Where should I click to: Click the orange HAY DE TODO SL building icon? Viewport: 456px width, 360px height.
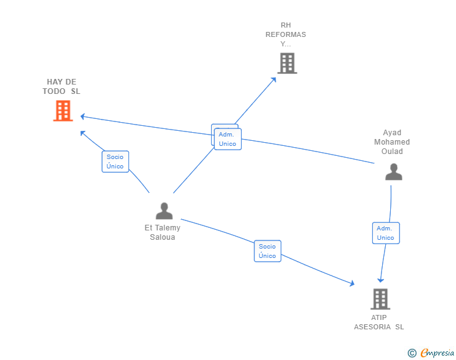[x=63, y=110]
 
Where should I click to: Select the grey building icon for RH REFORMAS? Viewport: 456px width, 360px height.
[x=287, y=63]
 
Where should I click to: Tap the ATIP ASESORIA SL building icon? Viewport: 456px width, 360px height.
[x=380, y=299]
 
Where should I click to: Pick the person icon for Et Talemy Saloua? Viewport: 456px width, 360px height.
[x=164, y=211]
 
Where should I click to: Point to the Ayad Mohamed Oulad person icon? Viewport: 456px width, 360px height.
[x=393, y=172]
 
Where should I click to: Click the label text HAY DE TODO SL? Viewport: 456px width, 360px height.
[x=61, y=86]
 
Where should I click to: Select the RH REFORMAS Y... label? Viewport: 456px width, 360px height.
[x=286, y=34]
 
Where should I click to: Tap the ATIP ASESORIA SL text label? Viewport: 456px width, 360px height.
[x=378, y=322]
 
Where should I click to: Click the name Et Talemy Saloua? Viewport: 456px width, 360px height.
[x=162, y=232]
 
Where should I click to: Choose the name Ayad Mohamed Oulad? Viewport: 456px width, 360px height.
[x=392, y=142]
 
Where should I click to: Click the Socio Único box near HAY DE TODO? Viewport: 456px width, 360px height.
[x=115, y=162]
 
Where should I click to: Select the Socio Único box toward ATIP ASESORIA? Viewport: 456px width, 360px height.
[x=267, y=251]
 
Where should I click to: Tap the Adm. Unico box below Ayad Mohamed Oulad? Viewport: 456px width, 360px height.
[x=386, y=233]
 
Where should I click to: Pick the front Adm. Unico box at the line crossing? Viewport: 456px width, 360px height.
[x=228, y=139]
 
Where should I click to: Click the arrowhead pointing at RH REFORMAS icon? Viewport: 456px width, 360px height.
[x=273, y=80]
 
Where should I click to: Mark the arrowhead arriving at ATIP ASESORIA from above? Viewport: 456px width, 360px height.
[x=381, y=280]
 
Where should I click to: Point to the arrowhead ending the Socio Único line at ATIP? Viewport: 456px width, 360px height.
[x=353, y=283]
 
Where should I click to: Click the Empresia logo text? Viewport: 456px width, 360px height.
[x=437, y=352]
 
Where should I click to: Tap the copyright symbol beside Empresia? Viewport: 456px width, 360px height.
[x=412, y=353]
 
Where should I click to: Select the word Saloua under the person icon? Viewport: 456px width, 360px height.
[x=162, y=237]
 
